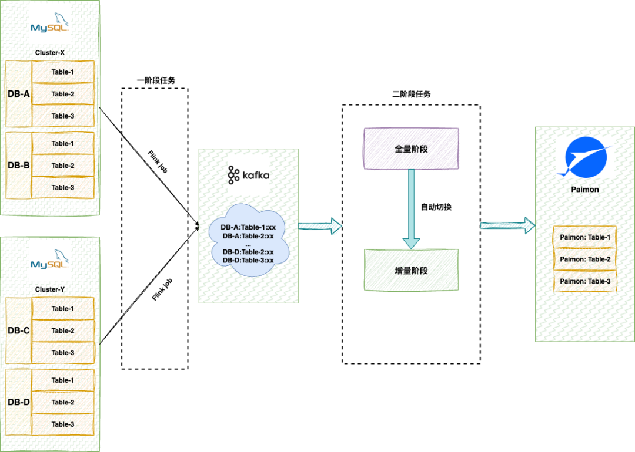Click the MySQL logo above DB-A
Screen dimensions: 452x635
pos(50,24)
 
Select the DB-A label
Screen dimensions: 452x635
pos(18,94)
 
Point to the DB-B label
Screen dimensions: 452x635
pos(18,166)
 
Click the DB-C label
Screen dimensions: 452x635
pos(18,330)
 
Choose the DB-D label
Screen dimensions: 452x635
pos(18,402)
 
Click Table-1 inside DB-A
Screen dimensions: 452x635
pos(63,72)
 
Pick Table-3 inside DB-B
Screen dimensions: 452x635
pos(63,187)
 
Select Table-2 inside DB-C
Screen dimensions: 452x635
pos(63,331)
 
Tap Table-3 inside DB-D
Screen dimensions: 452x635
pos(63,424)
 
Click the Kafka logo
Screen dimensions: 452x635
pos(248,175)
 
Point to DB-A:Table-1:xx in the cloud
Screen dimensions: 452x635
pos(248,227)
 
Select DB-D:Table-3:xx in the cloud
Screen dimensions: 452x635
pos(248,260)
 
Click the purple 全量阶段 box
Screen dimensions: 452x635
pos(411,149)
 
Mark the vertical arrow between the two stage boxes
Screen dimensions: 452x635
pos(411,208)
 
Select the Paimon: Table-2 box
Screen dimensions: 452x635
pos(585,259)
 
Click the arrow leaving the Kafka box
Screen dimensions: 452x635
pos(320,226)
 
